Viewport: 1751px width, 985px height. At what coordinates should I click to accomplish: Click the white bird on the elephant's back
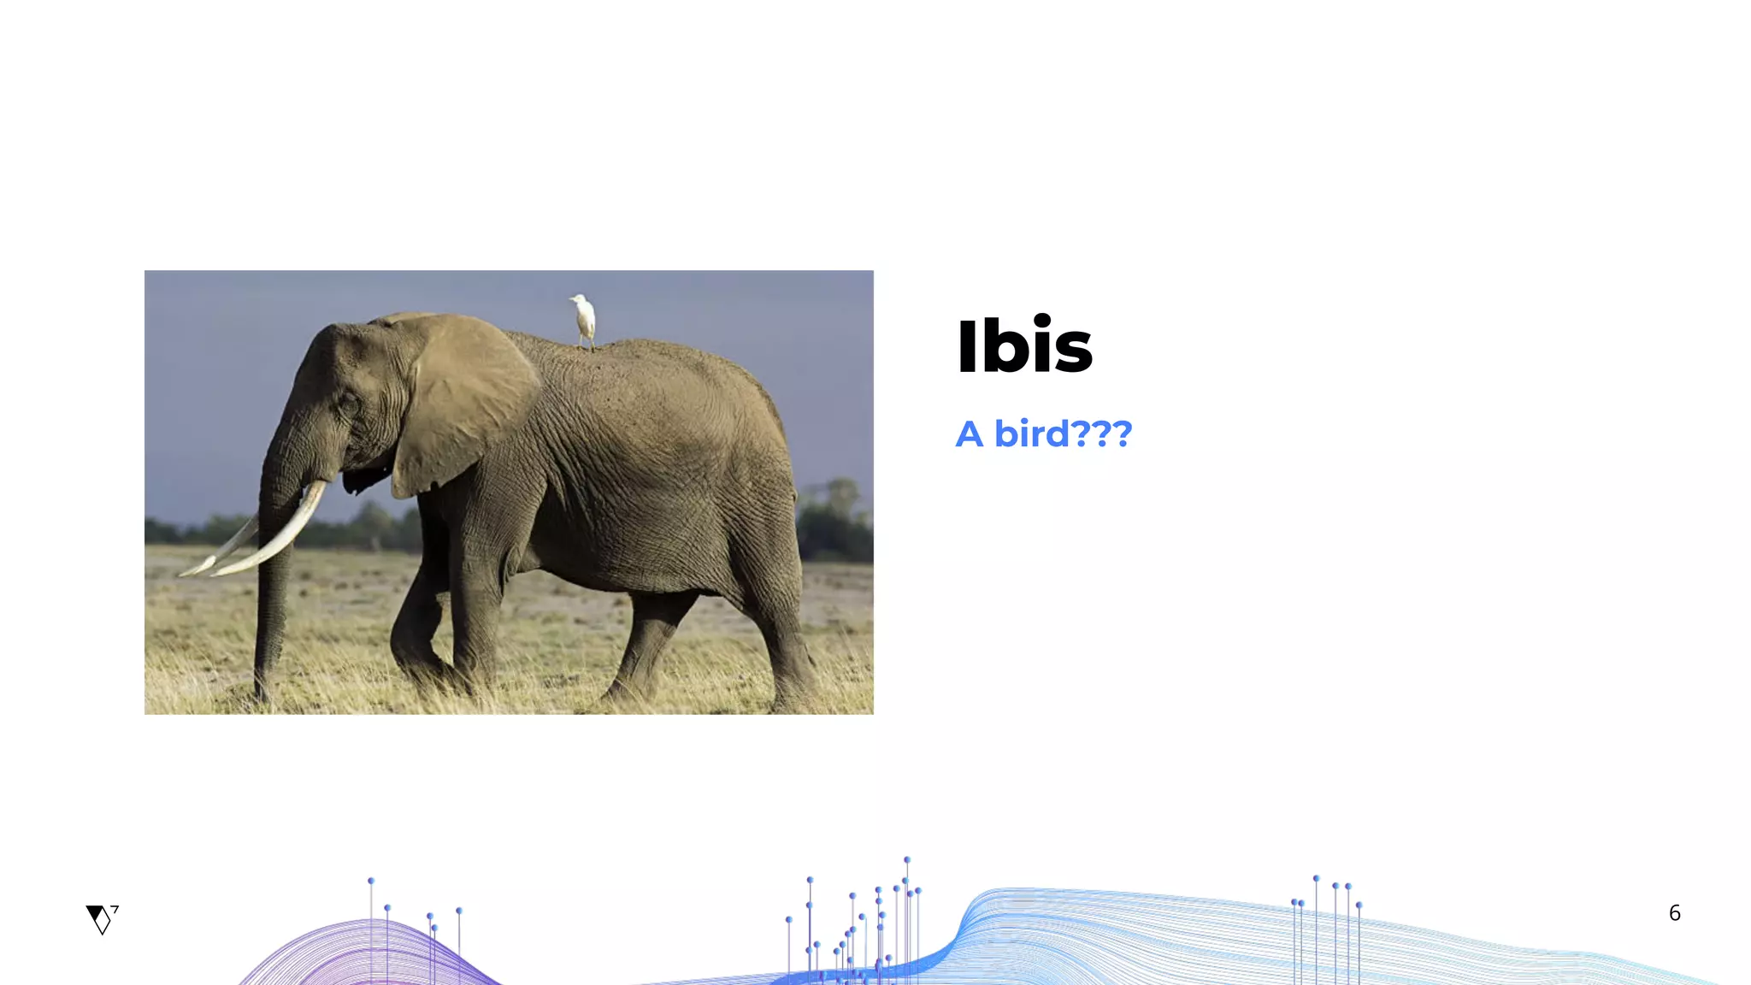[x=584, y=320]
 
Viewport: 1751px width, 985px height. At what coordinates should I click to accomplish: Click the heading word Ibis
[x=1023, y=346]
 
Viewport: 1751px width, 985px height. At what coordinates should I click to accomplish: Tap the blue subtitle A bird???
[x=1043, y=434]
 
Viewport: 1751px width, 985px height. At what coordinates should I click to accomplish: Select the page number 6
[x=1674, y=913]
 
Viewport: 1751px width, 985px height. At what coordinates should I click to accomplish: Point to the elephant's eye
[x=349, y=402]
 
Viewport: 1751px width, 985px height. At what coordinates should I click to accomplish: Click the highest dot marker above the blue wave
[x=906, y=859]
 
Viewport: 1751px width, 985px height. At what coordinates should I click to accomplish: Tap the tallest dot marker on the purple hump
[x=371, y=881]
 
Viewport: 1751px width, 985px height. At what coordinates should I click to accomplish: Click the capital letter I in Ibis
[x=966, y=346]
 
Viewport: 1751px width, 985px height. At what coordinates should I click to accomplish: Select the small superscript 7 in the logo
[x=115, y=909]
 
